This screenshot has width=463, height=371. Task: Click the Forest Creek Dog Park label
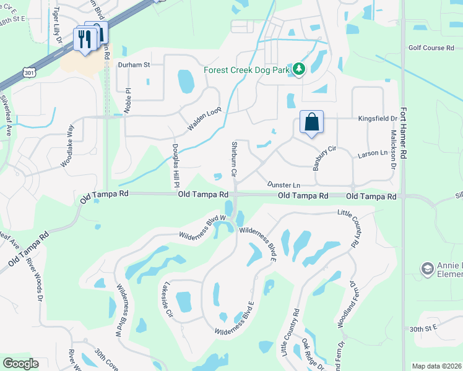(247, 70)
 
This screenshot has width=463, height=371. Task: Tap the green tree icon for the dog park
(299, 69)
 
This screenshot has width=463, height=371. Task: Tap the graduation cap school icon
(427, 270)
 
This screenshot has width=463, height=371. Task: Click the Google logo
(20, 364)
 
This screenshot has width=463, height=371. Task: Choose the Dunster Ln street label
(283, 184)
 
